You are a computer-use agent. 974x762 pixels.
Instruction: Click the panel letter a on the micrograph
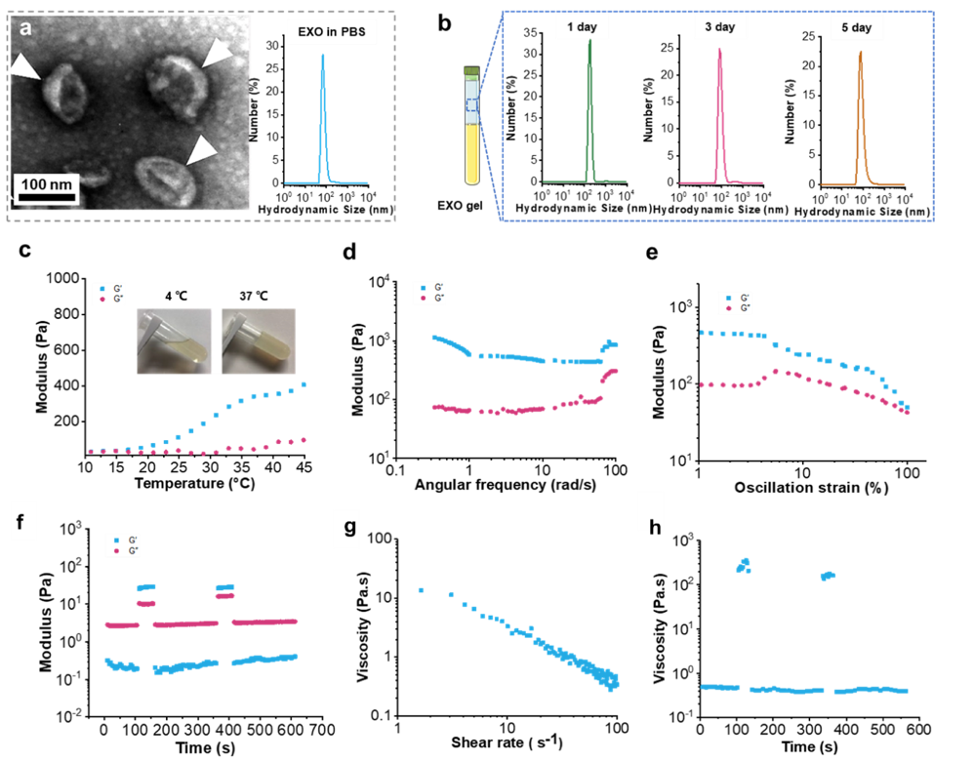click(25, 28)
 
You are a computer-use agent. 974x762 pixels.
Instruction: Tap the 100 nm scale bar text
click(47, 183)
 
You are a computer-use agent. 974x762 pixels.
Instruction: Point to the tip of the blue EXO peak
click(323, 55)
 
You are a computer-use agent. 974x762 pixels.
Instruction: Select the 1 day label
click(582, 27)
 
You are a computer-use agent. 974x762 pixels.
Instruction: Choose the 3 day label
click(720, 27)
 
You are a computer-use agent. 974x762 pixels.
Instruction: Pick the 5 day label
click(857, 27)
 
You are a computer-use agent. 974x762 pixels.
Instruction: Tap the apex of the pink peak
click(720, 49)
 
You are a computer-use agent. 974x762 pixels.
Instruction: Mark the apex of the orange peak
click(860, 52)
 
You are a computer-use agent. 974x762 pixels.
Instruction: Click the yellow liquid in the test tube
click(472, 156)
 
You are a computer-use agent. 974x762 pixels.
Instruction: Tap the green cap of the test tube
click(472, 69)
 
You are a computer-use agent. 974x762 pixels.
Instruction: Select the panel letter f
click(20, 522)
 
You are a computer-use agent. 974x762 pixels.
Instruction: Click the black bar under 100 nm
click(48, 198)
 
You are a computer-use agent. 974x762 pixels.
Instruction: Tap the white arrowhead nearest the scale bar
click(202, 148)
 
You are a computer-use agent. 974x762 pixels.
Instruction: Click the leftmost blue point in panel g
click(421, 590)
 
